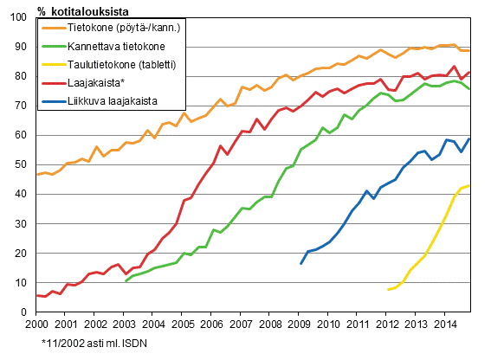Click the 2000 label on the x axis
[x=36, y=324]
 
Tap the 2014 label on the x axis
[x=445, y=324]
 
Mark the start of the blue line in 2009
[x=300, y=264]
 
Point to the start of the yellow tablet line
[x=389, y=289]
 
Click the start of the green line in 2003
[x=125, y=281]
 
